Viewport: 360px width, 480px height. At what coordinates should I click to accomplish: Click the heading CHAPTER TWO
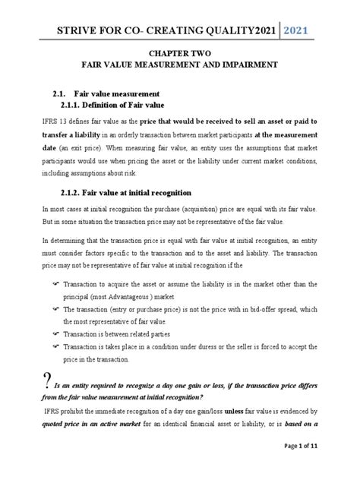click(x=179, y=55)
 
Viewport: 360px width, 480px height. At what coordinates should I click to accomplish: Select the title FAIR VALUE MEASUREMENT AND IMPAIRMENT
click(x=179, y=67)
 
